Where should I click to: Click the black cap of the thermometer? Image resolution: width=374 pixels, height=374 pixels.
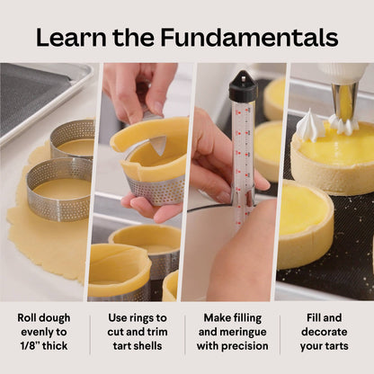click(242, 86)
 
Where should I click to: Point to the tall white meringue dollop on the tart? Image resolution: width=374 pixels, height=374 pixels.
click(309, 125)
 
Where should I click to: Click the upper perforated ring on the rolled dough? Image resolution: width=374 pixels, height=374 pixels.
click(73, 137)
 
